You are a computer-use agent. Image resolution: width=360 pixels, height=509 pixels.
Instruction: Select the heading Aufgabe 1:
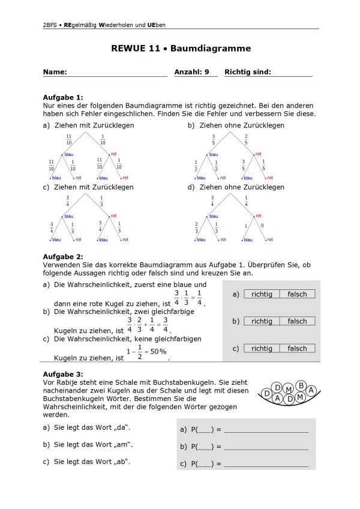pos(63,97)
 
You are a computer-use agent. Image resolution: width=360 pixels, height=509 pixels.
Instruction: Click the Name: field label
pos(55,72)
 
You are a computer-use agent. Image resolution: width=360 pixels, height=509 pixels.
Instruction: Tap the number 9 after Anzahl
pos(207,72)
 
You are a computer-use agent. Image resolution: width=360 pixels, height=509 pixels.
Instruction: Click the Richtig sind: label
pos(247,72)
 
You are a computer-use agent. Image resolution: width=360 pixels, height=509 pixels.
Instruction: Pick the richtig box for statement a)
pos(262,294)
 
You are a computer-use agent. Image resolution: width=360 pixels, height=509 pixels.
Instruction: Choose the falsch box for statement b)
pos(297,321)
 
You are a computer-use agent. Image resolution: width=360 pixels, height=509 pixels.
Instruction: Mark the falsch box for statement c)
pos(297,348)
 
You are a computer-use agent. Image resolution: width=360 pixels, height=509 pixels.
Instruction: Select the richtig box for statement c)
pos(262,348)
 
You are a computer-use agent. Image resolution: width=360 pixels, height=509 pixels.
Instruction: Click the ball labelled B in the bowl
pos(301,385)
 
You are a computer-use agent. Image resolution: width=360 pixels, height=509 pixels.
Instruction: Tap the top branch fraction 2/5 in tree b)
pos(246,140)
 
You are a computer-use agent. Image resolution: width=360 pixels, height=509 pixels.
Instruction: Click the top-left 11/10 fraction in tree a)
pos(68,140)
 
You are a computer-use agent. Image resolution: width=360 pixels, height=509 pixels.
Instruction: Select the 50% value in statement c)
pos(158,352)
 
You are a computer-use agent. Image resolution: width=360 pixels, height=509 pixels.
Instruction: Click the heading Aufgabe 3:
pos(63,374)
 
